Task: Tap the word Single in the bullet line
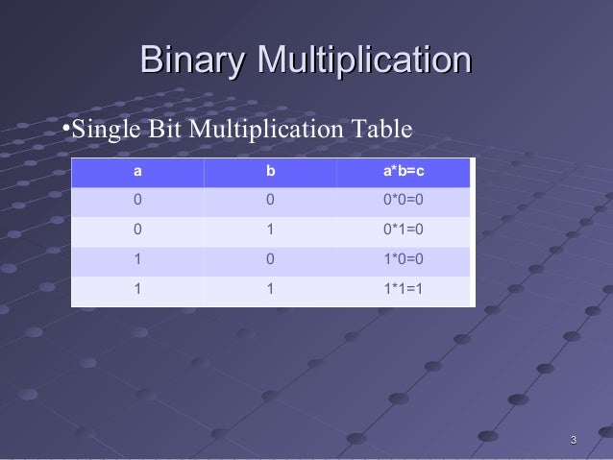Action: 107,130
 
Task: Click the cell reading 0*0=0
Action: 403,201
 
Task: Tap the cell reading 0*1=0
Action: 403,230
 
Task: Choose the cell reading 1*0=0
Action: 403,258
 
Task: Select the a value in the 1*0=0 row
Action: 137,258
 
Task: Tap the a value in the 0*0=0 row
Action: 137,201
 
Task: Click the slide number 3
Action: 574,441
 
